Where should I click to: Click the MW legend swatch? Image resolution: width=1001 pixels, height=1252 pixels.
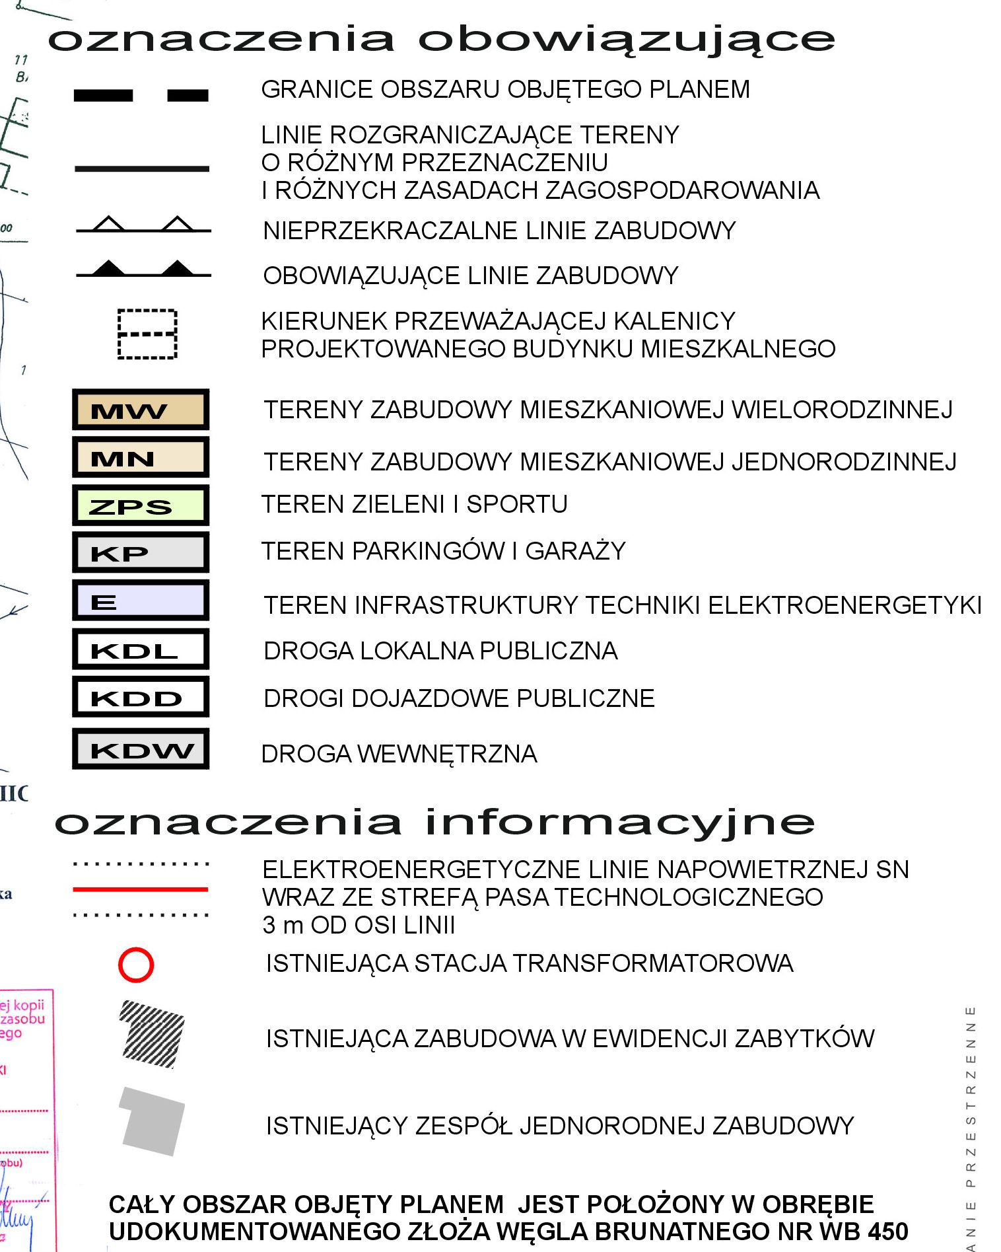point(141,410)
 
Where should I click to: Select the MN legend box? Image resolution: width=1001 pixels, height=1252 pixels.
point(141,457)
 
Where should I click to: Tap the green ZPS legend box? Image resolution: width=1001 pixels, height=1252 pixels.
point(141,505)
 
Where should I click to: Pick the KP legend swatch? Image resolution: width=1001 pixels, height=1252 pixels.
point(141,552)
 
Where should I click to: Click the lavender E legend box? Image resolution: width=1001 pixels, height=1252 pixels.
point(141,601)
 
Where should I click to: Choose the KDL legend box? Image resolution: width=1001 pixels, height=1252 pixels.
point(141,649)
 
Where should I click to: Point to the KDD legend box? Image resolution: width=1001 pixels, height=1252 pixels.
point(141,697)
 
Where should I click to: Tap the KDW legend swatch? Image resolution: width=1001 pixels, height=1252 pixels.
point(141,749)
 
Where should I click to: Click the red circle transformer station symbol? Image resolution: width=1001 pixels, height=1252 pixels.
point(136,965)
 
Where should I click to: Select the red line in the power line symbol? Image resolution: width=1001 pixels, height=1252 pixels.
point(141,889)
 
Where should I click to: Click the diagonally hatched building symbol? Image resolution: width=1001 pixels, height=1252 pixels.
point(151,1034)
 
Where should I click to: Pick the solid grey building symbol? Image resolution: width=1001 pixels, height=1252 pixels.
point(151,1121)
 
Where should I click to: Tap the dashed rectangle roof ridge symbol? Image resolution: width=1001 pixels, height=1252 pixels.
point(147,334)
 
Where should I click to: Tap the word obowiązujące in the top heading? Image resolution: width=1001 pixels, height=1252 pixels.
point(627,40)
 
